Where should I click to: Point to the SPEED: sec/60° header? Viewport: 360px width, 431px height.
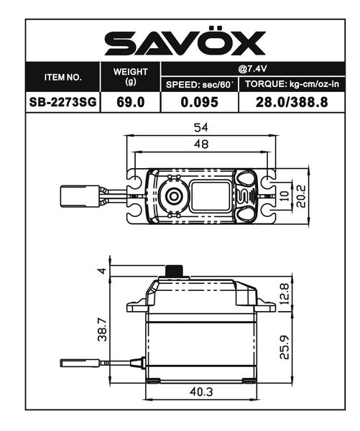tap(200, 84)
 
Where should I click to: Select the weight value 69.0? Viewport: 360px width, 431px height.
tap(130, 102)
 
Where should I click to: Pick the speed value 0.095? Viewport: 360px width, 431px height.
tap(200, 102)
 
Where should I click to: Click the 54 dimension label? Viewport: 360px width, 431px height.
tap(202, 127)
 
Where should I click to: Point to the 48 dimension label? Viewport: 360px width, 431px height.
tap(202, 144)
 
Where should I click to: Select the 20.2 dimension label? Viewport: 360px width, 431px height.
tap(303, 194)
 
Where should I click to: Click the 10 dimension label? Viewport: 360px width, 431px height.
tap(285, 194)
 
